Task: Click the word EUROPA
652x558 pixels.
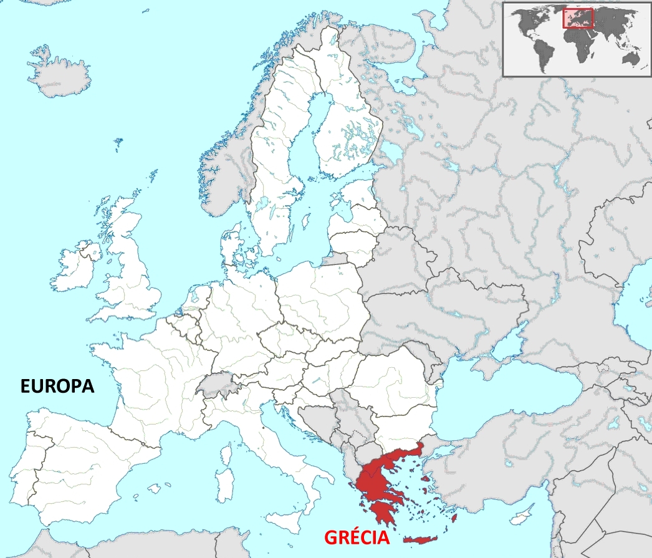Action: (x=57, y=386)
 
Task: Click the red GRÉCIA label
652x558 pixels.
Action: (x=356, y=537)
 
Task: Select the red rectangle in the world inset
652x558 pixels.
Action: (x=578, y=18)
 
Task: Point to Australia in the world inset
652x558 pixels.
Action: (x=632, y=58)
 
